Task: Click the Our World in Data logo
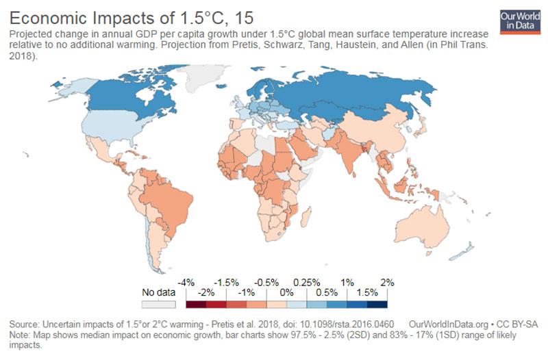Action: tap(520, 22)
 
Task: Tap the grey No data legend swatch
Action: tap(159, 305)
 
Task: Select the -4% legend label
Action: tap(186, 283)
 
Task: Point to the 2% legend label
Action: tap(387, 283)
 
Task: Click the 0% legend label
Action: tap(286, 292)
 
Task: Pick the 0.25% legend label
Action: tap(307, 283)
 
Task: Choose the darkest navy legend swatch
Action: tap(377, 305)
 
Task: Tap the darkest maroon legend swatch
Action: tap(196, 305)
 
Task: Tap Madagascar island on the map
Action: tap(306, 216)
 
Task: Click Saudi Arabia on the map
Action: tap(303, 146)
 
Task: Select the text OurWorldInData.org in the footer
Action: tap(449, 324)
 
